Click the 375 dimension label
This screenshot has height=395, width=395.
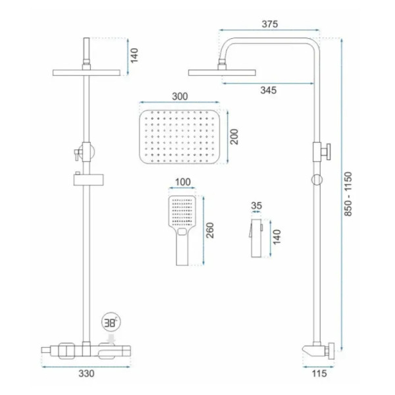(270, 24)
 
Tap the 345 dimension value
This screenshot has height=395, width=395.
(269, 90)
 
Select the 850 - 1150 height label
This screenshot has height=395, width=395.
(348, 194)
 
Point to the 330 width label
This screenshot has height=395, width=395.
(86, 373)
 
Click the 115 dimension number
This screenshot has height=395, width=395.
(319, 373)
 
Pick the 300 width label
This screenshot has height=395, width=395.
(180, 97)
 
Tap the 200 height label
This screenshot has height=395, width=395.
(234, 137)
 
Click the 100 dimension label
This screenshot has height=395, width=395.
(183, 182)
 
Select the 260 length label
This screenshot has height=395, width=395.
(210, 230)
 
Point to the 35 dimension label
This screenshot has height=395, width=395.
(257, 206)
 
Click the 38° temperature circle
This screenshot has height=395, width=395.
(111, 323)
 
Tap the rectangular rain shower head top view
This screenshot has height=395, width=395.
(179, 137)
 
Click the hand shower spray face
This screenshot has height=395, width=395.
(182, 211)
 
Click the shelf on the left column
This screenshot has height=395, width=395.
(88, 180)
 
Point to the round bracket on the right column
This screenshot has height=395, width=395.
(317, 180)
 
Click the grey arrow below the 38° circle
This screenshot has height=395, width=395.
(111, 338)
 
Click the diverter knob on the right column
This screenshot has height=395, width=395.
(326, 151)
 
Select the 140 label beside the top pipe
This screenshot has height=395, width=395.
(134, 55)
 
